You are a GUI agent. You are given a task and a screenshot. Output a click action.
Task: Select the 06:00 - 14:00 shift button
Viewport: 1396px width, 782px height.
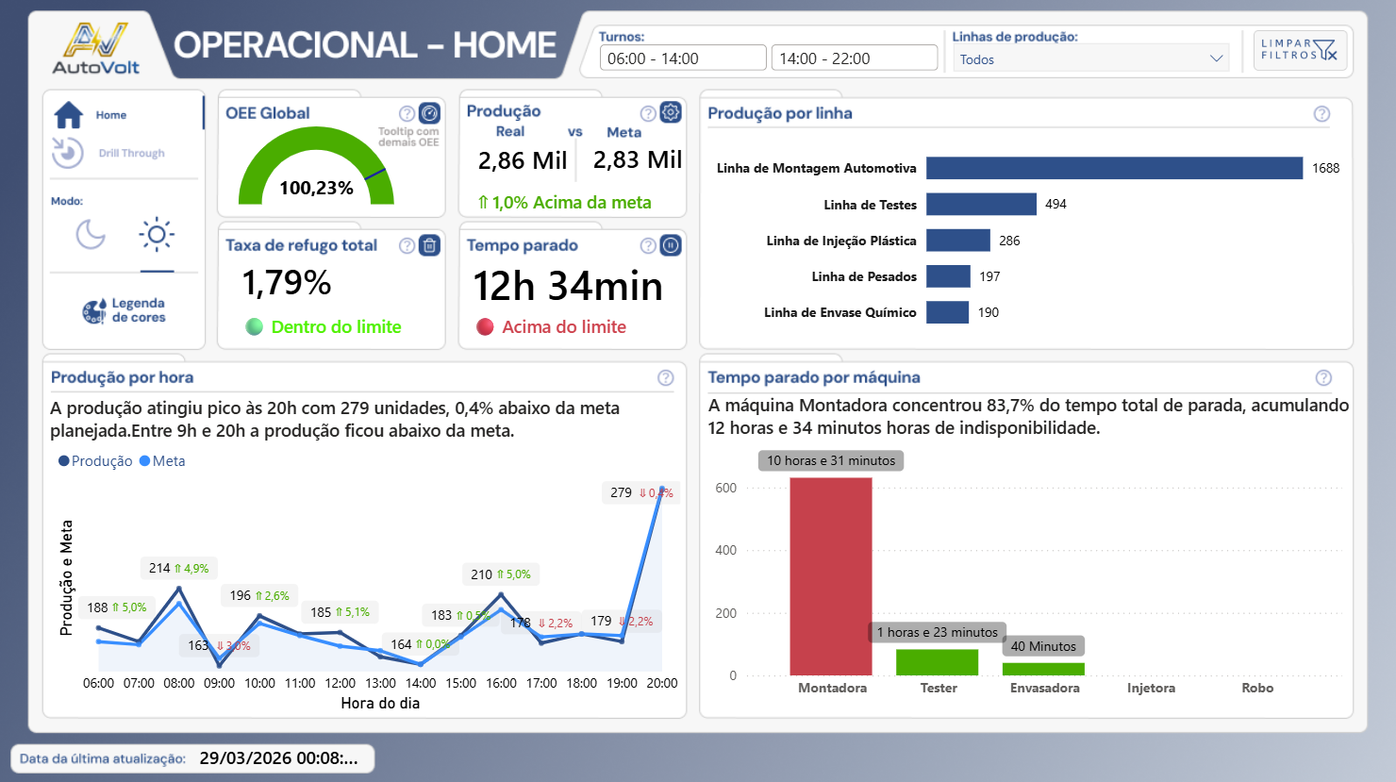pos(682,58)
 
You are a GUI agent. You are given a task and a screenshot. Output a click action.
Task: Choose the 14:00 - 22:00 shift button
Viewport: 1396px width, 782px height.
pos(854,58)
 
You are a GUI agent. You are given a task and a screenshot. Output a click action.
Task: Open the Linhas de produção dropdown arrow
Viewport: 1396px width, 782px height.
pos(1216,58)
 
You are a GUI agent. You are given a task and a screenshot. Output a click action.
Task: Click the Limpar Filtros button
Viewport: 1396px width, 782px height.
pos(1300,49)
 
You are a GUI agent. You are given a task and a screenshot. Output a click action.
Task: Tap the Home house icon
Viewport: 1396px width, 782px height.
pos(69,115)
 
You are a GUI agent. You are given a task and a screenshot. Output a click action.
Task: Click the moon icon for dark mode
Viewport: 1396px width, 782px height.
pos(91,234)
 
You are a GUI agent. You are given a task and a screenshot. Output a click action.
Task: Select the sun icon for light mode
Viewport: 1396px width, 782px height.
pos(157,234)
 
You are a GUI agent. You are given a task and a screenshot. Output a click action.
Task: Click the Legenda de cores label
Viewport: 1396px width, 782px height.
pos(138,310)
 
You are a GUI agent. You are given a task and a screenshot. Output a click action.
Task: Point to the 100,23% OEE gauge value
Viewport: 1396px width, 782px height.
pos(316,188)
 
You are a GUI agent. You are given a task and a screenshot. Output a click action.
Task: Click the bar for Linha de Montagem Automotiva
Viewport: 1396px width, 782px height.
pos(1113,168)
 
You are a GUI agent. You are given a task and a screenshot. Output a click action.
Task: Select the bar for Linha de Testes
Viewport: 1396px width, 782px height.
pos(981,204)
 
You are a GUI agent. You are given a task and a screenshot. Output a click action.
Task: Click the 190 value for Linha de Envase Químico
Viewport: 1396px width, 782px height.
pos(988,312)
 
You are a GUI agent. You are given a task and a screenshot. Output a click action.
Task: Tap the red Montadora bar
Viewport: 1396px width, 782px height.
pos(830,575)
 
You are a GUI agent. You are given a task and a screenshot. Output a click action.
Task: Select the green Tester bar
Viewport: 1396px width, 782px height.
pos(937,662)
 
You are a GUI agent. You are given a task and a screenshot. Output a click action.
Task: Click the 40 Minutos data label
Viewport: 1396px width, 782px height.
pos(1043,646)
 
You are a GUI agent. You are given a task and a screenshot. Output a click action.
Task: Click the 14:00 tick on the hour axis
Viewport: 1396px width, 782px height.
pos(421,683)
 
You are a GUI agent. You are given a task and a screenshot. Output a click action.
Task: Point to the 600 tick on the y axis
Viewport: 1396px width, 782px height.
pos(725,488)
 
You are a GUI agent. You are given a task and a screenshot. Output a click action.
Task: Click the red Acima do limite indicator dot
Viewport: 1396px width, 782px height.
pos(485,327)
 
